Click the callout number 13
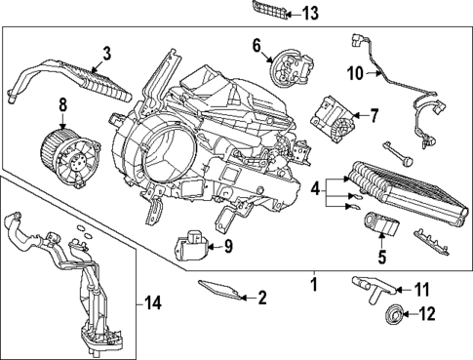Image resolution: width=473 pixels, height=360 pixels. [282, 14]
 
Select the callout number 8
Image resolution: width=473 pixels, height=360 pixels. [62, 103]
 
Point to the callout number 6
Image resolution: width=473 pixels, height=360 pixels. [257, 45]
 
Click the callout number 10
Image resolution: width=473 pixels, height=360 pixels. [354, 73]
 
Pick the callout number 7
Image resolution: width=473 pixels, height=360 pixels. [372, 115]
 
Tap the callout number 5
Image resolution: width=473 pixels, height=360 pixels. [382, 258]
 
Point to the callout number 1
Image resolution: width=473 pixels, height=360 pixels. [313, 283]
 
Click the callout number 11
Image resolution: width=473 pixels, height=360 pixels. [420, 289]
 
